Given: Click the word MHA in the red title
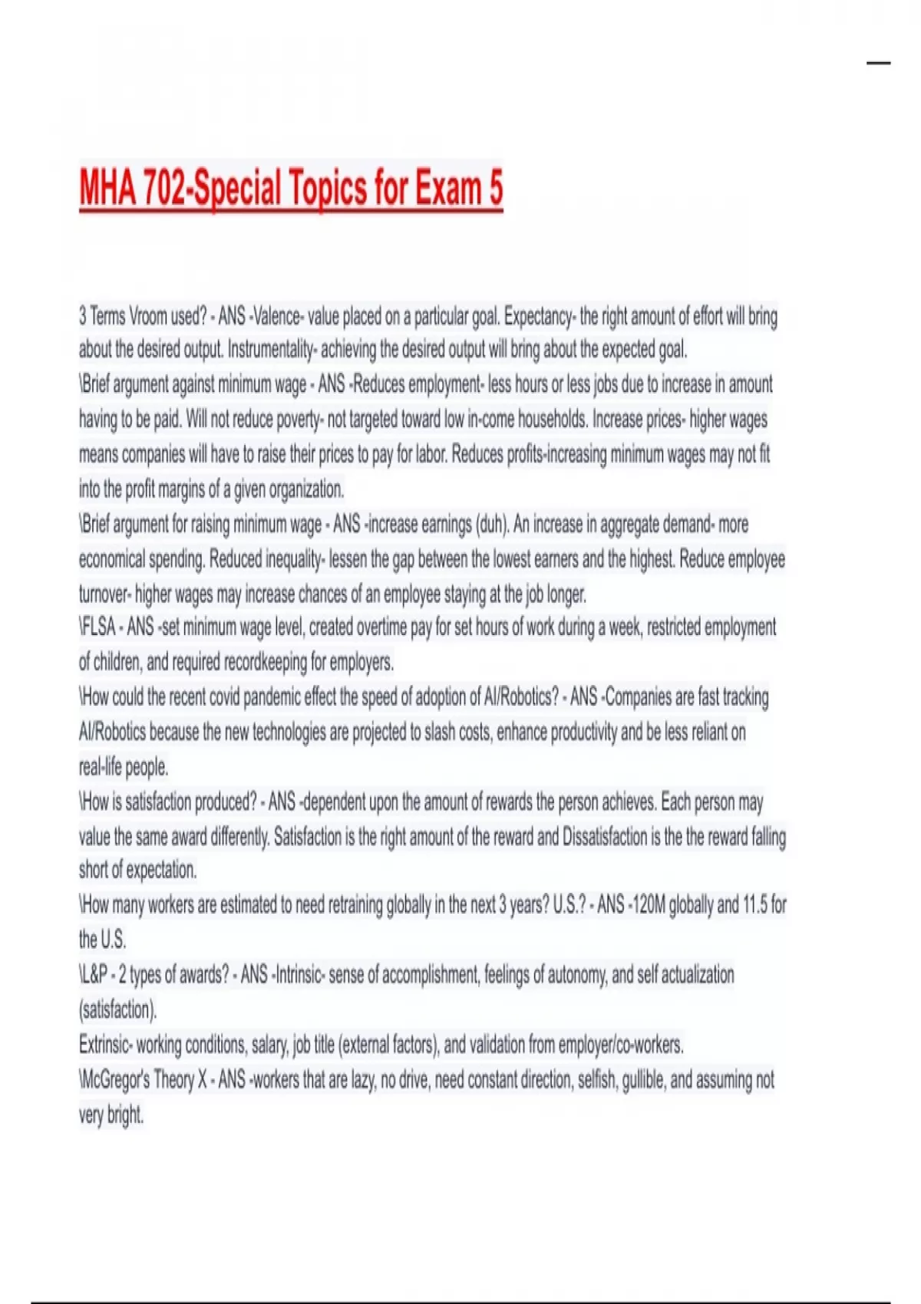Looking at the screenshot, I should pos(108,187).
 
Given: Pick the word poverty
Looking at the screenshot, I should pos(299,420).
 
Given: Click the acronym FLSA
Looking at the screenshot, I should pos(98,627).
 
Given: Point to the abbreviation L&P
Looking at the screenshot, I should pos(93,975).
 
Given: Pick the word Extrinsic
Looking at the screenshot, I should pos(106,1045).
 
